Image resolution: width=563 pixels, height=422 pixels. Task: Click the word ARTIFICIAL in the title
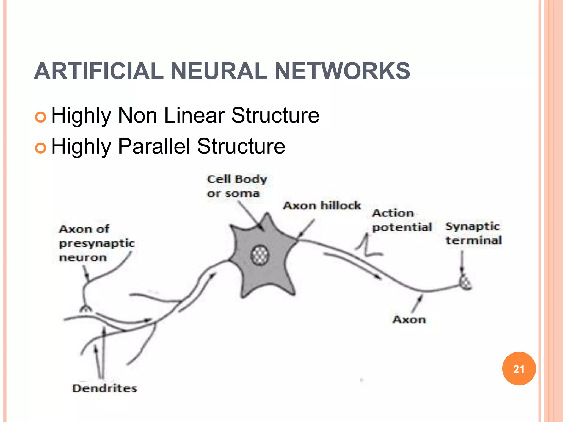coord(99,71)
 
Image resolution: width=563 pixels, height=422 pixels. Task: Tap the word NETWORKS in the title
coord(342,71)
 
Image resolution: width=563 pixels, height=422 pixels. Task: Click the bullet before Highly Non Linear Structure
coord(40,117)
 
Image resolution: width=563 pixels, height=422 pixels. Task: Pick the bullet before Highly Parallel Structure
coord(40,148)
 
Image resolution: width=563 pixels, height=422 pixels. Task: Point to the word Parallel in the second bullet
coord(154,146)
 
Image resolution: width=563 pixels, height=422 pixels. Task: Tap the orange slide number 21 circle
coord(519,369)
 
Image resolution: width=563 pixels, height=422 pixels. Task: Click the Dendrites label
coord(104,388)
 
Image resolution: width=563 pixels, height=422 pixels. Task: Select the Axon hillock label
coord(322,206)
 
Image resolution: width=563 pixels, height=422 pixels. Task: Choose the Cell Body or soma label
coord(237,186)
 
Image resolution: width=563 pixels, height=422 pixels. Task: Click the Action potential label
coord(401,220)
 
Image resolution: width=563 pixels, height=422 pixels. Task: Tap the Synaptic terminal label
coord(473,233)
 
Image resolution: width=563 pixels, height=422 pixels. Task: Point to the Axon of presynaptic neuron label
coord(96,243)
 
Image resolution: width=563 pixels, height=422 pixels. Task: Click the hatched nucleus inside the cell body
coord(260,255)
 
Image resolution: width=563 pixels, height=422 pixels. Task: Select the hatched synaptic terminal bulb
coord(466,282)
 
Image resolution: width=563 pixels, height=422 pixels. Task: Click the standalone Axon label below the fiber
coord(409,320)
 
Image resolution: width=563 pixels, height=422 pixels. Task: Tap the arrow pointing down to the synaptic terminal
coord(462,262)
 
